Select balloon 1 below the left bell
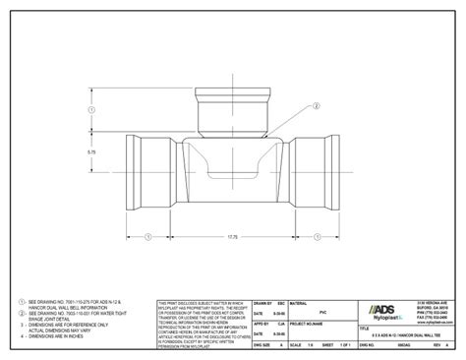(x=147, y=236)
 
